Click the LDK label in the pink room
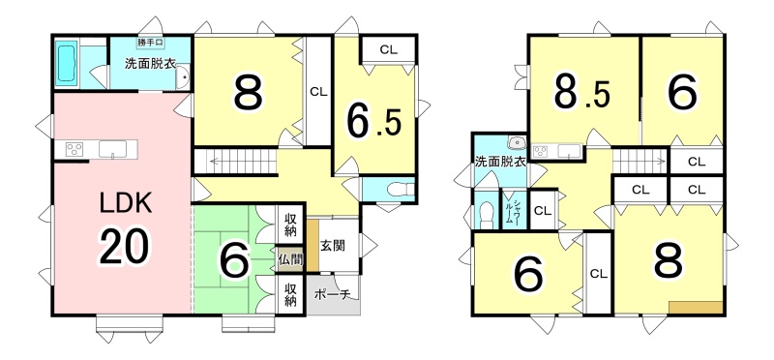click(126, 203)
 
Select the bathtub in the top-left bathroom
click(66, 63)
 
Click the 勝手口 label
click(151, 43)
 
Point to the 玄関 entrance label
click(332, 245)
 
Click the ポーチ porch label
click(332, 295)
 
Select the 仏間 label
click(289, 258)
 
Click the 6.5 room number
click(373, 122)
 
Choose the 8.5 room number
click(581, 92)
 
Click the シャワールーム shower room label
click(516, 213)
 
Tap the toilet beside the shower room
click(487, 215)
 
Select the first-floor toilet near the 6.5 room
click(400, 189)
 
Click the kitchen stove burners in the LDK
click(75, 150)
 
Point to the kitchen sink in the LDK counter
click(112, 149)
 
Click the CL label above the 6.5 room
click(389, 49)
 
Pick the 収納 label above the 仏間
click(289, 225)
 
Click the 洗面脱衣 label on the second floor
click(499, 161)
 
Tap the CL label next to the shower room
click(543, 211)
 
